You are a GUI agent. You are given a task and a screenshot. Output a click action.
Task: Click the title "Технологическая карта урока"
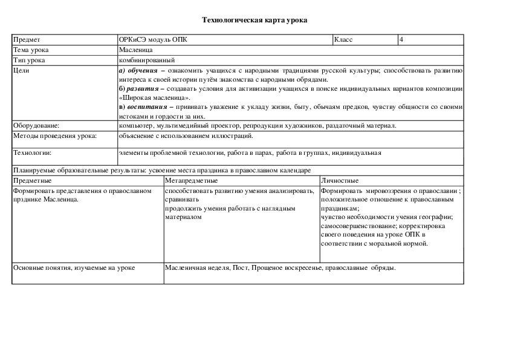pos(254,21)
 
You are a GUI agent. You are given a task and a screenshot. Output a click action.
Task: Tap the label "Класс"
pos(343,39)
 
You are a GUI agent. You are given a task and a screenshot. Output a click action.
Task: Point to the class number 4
pos(401,39)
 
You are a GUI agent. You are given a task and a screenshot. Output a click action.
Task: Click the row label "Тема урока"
pos(31,50)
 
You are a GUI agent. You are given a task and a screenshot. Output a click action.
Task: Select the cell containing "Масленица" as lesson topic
pos(136,50)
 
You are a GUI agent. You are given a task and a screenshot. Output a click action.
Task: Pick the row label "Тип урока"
pos(28,60)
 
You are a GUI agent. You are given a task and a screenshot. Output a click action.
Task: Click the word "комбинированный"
pos(147,60)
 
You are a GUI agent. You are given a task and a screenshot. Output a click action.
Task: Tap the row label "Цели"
pos(21,70)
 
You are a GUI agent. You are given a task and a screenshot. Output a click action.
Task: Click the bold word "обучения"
pos(143,70)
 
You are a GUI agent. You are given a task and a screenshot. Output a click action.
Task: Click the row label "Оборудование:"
pos(36,125)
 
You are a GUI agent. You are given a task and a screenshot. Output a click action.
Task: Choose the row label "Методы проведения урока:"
pos(54,136)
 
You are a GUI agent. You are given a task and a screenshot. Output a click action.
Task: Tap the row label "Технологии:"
pos(33,153)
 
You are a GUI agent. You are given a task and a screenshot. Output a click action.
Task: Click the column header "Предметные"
pos(33,180)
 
